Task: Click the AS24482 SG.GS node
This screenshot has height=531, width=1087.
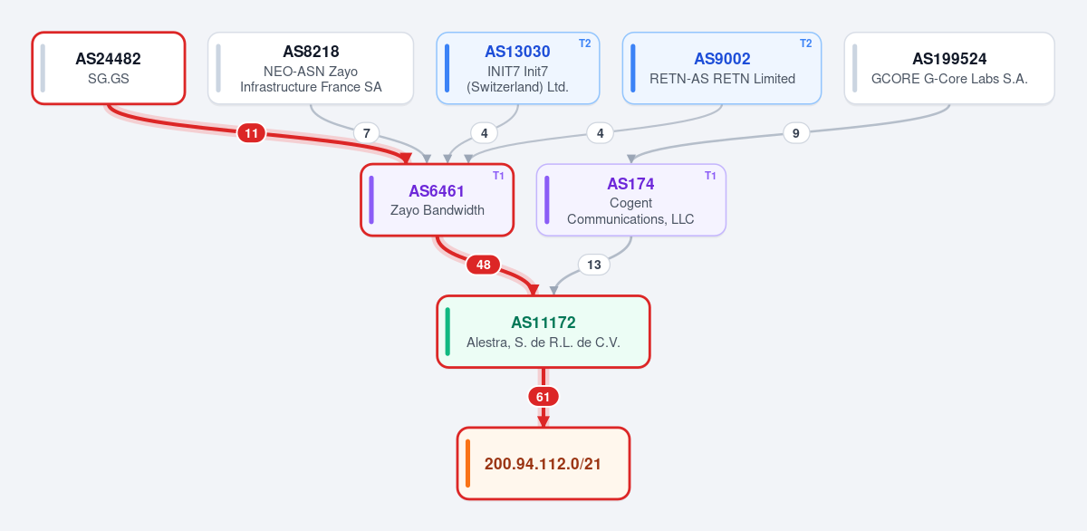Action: coord(109,69)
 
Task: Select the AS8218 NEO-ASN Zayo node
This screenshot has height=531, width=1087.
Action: coord(311,69)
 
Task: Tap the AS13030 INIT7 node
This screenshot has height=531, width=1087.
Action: coord(518,69)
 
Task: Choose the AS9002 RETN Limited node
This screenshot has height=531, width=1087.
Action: coord(722,69)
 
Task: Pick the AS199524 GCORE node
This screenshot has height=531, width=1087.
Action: coord(949,69)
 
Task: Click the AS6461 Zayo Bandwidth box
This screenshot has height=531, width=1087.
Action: coord(437,200)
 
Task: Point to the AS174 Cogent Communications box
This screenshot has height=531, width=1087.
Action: coord(630,200)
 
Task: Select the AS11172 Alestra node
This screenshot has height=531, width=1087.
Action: coord(543,332)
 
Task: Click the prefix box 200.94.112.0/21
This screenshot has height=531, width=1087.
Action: coord(543,464)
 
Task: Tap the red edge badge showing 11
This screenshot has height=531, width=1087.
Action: coord(252,133)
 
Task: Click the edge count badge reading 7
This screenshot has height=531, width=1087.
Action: coord(366,133)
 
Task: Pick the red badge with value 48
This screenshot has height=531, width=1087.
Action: coord(484,265)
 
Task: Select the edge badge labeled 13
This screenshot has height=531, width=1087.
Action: coord(594,265)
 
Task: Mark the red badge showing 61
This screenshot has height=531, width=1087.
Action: coord(543,397)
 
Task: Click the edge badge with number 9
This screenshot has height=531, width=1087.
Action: coord(796,133)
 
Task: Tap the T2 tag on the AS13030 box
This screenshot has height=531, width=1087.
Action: coord(585,43)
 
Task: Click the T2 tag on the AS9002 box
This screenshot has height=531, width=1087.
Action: coord(805,43)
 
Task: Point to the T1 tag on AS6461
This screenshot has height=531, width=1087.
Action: coord(498,176)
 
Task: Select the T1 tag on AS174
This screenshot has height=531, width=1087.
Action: coord(710,176)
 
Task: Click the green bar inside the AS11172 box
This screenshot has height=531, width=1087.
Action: coord(447,332)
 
